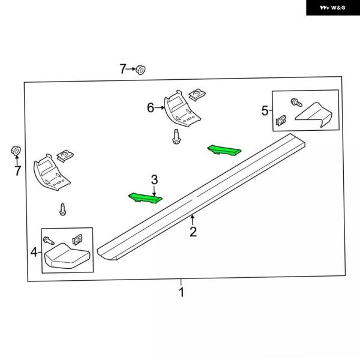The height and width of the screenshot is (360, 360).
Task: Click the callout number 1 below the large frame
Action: [181, 292]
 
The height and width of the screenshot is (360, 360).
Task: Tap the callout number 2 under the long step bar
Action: [193, 232]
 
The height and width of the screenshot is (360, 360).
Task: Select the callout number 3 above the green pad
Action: [155, 179]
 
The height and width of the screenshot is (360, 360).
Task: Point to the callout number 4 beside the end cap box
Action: [34, 252]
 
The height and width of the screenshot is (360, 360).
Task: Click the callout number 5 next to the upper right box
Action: [265, 110]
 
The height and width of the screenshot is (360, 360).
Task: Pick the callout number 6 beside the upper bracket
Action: [151, 107]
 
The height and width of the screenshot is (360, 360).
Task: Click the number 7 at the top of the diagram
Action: [123, 68]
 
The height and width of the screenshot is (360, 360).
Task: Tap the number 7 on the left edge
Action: [17, 170]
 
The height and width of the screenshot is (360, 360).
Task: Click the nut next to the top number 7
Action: [140, 70]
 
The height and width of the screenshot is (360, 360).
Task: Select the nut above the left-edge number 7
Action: [16, 151]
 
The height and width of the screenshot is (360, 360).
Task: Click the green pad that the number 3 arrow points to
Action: [145, 198]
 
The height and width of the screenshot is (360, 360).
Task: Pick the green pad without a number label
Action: [224, 150]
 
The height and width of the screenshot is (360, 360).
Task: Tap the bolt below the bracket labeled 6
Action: [176, 137]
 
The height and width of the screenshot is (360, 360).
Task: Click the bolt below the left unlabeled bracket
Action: [62, 209]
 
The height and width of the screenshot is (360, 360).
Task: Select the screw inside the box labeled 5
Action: [296, 103]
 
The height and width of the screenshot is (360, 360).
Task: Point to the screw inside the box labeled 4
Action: [49, 241]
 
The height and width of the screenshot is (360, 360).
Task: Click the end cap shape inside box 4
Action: [67, 256]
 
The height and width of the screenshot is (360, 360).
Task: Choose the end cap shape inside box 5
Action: [314, 115]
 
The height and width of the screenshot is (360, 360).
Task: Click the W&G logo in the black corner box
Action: [332, 8]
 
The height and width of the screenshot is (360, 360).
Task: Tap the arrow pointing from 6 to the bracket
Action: [160, 107]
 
